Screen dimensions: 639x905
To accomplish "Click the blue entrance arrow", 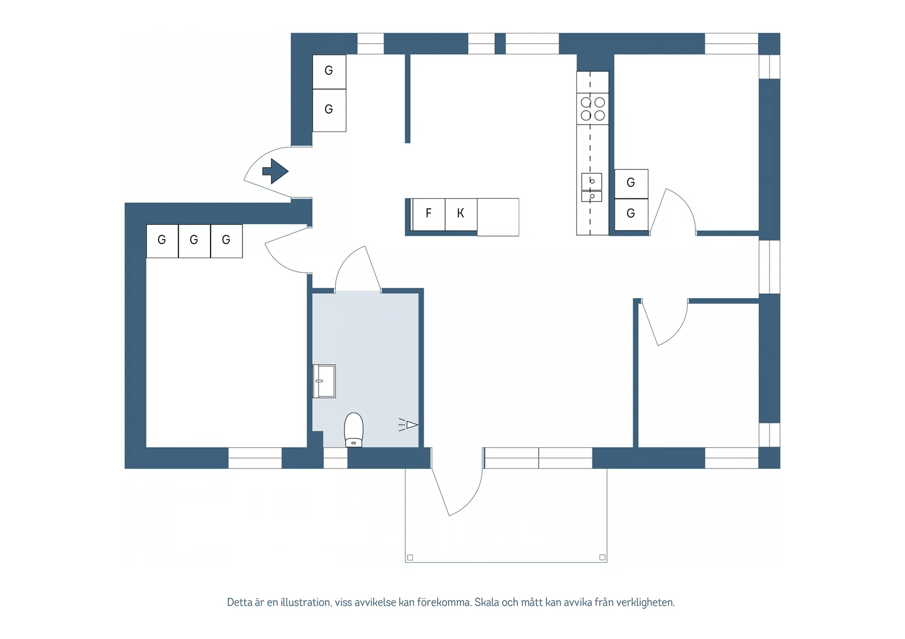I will click(x=276, y=171).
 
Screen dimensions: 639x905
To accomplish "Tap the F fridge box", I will click(x=428, y=214).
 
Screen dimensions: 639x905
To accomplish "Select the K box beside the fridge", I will click(x=461, y=214).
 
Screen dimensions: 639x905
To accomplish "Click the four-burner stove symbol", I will click(x=592, y=109).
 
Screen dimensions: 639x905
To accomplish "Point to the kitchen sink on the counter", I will click(x=591, y=181).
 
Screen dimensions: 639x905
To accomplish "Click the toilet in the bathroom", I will click(x=354, y=430).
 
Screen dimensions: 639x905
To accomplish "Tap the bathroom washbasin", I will click(x=324, y=381).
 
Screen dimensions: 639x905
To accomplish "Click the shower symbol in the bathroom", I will click(x=409, y=425).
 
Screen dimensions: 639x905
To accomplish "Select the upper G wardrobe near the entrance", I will click(x=329, y=71).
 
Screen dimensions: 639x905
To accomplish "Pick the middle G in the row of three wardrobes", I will click(x=194, y=241).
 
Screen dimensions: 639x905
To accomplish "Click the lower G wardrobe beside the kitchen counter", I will click(x=631, y=214).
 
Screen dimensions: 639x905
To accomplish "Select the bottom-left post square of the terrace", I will click(x=410, y=557).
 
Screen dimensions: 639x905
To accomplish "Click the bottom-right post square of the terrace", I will click(x=602, y=557).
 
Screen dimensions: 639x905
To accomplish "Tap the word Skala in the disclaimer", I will click(x=487, y=602).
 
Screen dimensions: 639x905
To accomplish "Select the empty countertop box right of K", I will click(x=498, y=217).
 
